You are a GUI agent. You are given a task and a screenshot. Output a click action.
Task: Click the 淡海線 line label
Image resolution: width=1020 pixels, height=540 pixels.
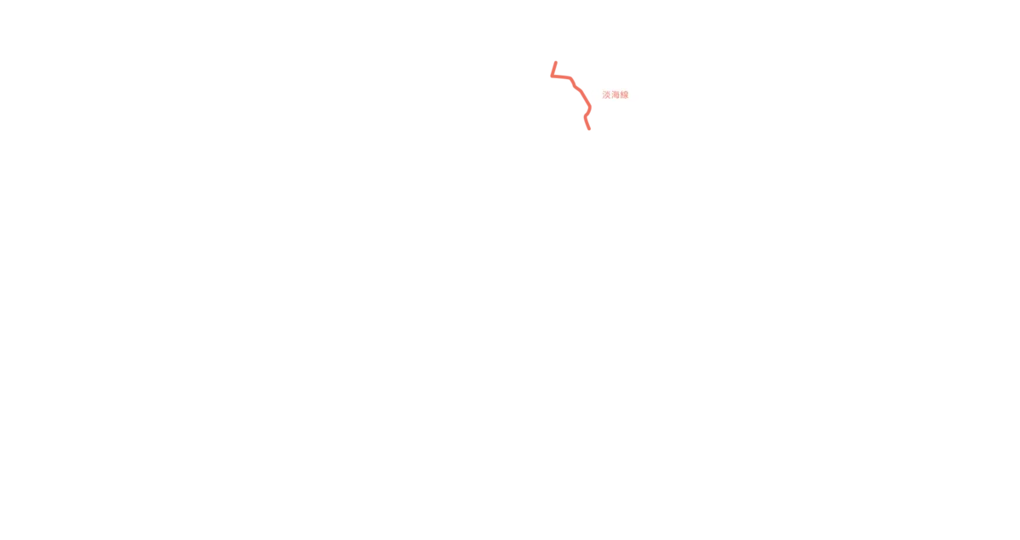pyautogui.click(x=615, y=94)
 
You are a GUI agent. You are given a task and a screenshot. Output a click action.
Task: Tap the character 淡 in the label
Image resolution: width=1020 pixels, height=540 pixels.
pyautogui.click(x=607, y=94)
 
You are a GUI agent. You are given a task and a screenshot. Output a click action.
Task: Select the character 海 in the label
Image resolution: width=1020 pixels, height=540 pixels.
pyautogui.click(x=615, y=94)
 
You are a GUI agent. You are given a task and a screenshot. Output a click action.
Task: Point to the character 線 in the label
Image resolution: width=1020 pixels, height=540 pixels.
pyautogui.click(x=624, y=94)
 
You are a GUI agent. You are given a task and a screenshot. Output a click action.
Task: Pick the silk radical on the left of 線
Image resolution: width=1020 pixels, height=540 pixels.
pyautogui.click(x=621, y=94)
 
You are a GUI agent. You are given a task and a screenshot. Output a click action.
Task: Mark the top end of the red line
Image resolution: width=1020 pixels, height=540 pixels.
pyautogui.click(x=556, y=62)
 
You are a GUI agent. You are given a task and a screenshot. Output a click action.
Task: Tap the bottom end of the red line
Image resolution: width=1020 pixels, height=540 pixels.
pyautogui.click(x=589, y=129)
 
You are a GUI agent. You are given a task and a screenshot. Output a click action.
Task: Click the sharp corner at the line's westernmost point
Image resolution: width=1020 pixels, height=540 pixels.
pyautogui.click(x=552, y=76)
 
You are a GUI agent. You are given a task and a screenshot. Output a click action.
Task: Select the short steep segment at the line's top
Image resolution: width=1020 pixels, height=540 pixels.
pyautogui.click(x=554, y=69)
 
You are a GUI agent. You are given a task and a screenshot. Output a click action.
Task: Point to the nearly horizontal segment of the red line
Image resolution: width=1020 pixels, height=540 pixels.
pyautogui.click(x=561, y=77)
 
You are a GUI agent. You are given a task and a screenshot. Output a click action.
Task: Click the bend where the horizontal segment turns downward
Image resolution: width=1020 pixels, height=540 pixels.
pyautogui.click(x=571, y=79)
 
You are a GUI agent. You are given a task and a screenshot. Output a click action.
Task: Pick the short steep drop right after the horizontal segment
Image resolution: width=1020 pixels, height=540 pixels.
pyautogui.click(x=573, y=82)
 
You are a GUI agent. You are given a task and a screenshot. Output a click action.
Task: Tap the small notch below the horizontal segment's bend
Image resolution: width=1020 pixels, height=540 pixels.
pyautogui.click(x=575, y=87)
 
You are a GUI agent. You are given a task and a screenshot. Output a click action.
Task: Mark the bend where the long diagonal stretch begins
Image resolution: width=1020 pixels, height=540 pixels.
pyautogui.click(x=580, y=90)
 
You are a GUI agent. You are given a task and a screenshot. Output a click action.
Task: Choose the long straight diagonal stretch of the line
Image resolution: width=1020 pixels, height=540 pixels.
pyautogui.click(x=585, y=98)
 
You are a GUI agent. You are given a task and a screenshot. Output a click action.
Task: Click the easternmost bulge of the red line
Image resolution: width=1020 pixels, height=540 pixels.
pyautogui.click(x=590, y=107)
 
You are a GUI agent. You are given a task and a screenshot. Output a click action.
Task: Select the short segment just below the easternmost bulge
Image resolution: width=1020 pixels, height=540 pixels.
pyautogui.click(x=588, y=112)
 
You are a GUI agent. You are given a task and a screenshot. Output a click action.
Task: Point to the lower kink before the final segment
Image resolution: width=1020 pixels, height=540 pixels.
pyautogui.click(x=586, y=117)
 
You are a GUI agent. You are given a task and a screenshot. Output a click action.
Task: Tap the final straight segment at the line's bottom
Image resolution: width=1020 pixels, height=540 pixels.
pyautogui.click(x=587, y=123)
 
